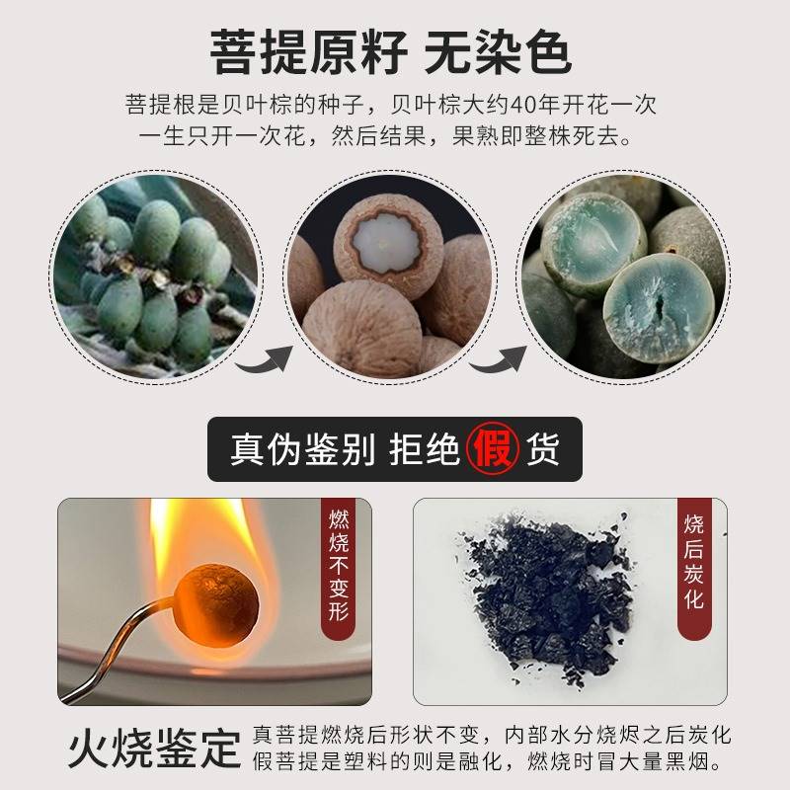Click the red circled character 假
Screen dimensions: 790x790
point(494,448)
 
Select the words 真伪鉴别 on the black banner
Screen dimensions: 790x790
point(302,449)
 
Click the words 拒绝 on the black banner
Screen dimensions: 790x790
point(423,449)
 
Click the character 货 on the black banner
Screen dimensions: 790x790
point(544,449)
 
